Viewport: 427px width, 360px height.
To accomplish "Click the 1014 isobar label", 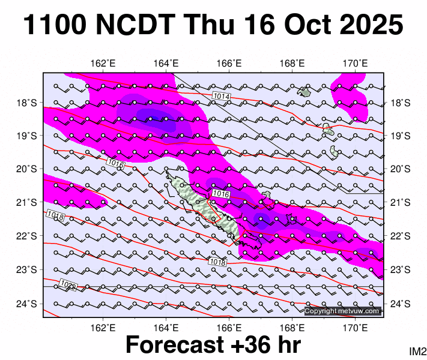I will (221, 96).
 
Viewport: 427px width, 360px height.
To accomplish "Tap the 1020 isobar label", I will (68, 284).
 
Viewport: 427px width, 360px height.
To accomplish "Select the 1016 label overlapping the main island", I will (221, 194).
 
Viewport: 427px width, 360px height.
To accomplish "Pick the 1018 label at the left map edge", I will (55, 215).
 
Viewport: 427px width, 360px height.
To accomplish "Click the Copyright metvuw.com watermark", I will (342, 311).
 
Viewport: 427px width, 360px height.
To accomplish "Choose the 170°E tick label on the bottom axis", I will (355, 328).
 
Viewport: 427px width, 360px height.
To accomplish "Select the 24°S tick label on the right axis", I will (401, 304).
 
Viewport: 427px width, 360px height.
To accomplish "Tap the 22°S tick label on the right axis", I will (401, 236).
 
